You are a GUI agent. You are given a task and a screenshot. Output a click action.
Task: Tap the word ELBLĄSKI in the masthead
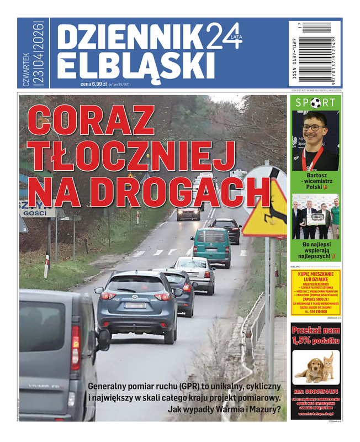(x=131, y=65)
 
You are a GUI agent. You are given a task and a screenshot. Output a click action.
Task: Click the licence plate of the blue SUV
(x=135, y=305)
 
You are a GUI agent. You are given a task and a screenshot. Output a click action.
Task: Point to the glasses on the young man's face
(x=314, y=128)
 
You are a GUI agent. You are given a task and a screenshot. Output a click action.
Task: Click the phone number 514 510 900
(x=316, y=311)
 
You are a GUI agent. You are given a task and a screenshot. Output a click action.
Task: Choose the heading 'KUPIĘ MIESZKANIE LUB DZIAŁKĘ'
(x=316, y=276)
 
